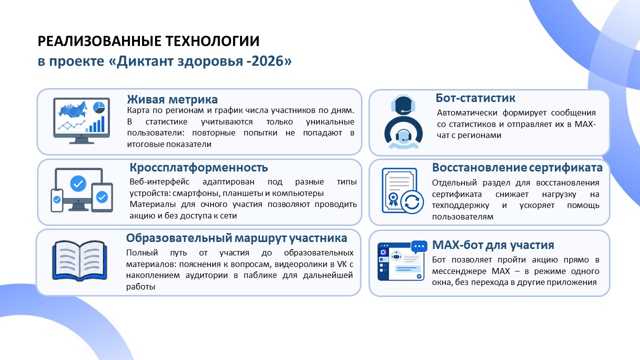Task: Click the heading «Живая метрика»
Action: [172, 99]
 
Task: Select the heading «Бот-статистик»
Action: [475, 98]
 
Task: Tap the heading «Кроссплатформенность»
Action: [199, 167]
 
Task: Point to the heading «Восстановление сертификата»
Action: [517, 167]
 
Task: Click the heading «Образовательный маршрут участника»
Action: [236, 238]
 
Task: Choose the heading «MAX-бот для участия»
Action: [493, 245]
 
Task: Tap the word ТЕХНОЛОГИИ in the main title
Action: [212, 41]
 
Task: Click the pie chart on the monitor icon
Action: [99, 107]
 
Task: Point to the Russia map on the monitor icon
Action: [73, 109]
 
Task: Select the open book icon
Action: [79, 260]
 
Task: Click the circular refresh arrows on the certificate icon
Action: [412, 202]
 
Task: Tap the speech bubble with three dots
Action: [419, 247]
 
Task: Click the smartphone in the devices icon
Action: [57, 200]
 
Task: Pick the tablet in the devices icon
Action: [102, 197]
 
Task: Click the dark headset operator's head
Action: [403, 105]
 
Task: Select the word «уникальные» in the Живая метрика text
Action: [330, 121]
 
